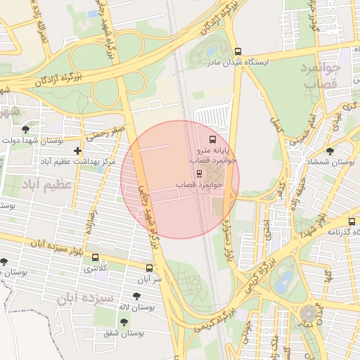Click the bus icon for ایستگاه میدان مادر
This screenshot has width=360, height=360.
coord(238,51)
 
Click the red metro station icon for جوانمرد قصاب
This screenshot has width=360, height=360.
coord(199,173)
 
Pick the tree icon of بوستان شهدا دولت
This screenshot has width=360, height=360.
coord(26,129)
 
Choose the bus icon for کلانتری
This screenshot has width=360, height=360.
coord(95,257)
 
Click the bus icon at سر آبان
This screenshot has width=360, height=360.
coord(149,268)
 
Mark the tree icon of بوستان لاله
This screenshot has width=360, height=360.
coord(136,296)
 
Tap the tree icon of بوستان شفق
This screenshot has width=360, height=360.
coord(124,322)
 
